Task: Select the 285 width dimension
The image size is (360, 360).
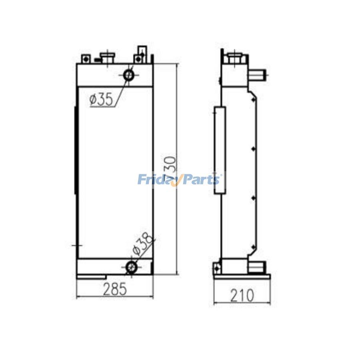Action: pyautogui.click(x=114, y=289)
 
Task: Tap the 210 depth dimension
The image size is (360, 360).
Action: pyautogui.click(x=242, y=296)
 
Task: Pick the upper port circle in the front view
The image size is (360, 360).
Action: pyautogui.click(x=128, y=75)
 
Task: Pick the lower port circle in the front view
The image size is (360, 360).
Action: pyautogui.click(x=132, y=267)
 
